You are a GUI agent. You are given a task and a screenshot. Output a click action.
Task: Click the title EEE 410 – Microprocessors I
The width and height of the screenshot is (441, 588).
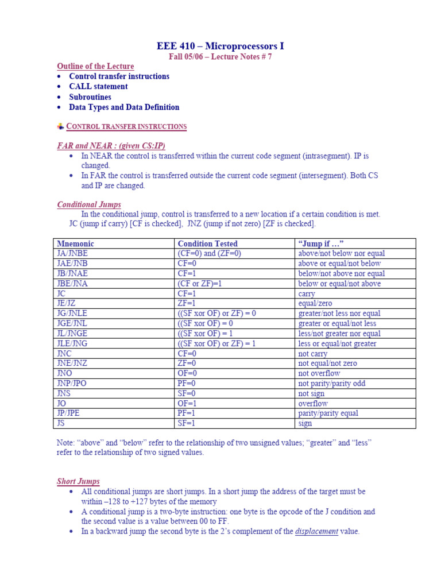(220, 46)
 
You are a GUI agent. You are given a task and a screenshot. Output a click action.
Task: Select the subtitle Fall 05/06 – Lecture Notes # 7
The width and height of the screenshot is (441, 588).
(220, 57)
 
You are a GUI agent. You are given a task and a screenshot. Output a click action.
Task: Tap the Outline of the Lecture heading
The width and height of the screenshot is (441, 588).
(95, 67)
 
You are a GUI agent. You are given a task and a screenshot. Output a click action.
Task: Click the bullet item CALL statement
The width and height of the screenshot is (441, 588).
(98, 87)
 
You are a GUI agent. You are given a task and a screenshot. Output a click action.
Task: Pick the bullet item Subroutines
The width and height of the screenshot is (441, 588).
(90, 97)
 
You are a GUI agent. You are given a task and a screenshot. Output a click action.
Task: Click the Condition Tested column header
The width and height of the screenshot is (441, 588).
(207, 243)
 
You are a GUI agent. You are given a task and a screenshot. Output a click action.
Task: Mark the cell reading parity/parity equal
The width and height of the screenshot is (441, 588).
(328, 413)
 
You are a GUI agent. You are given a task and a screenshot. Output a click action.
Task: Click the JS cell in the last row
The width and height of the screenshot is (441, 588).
(61, 423)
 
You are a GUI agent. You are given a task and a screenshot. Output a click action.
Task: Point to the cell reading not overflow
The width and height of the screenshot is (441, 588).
(319, 373)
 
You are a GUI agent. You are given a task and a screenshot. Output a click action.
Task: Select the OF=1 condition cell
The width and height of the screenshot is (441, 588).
(187, 404)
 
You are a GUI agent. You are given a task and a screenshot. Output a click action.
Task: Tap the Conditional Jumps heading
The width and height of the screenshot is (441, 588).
(89, 204)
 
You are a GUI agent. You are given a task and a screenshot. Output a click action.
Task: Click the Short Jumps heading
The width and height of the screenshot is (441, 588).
(78, 481)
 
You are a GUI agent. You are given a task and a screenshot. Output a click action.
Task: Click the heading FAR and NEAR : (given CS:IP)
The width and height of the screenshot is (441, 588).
(114, 146)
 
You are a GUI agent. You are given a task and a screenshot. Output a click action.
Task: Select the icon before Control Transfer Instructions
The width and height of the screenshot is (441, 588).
(61, 126)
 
